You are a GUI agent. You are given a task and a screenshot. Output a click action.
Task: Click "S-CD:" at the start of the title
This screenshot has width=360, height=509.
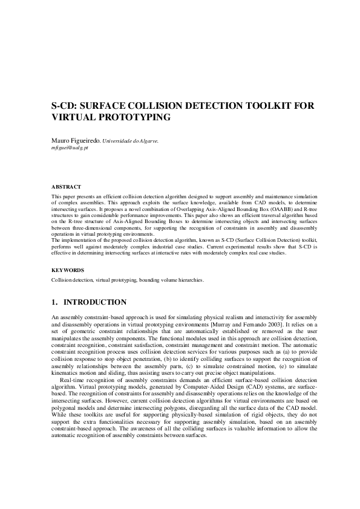coord(65,106)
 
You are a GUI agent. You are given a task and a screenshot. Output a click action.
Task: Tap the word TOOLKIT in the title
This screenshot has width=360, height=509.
coord(269,106)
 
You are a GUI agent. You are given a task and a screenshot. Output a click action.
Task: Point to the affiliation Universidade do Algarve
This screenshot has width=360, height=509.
coord(131,141)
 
